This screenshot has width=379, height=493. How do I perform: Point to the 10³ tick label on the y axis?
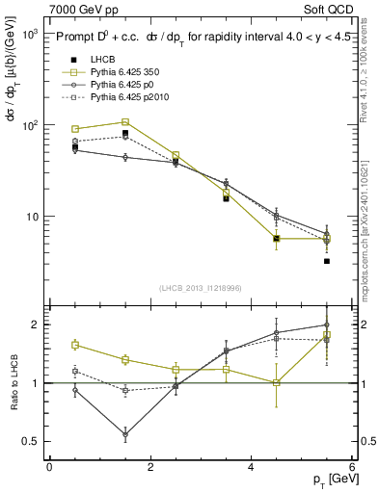pyautogui.click(x=31, y=34)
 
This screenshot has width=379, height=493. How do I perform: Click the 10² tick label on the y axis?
pyautogui.click(x=31, y=125)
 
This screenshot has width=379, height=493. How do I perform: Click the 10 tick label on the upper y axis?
pyautogui.click(x=33, y=217)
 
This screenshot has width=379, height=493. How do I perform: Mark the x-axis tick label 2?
pyautogui.click(x=150, y=467)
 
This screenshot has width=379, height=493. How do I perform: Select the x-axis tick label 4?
pyautogui.click(x=251, y=467)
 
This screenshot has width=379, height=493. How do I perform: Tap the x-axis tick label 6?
pyautogui.click(x=352, y=467)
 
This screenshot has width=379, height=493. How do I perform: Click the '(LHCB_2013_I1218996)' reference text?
pyautogui.click(x=201, y=288)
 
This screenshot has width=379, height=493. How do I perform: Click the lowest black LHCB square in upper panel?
pyautogui.click(x=327, y=261)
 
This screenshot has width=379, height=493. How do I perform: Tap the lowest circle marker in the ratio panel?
pyautogui.click(x=125, y=435)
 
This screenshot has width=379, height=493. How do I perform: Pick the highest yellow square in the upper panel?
pyautogui.click(x=125, y=122)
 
